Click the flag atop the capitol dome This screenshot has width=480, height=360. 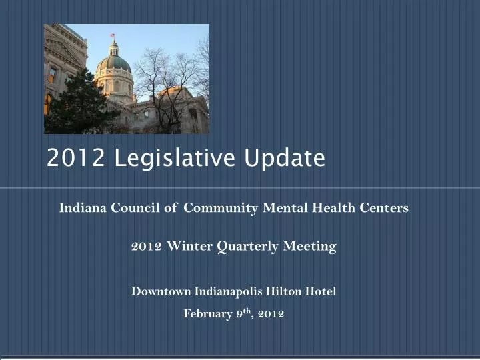[112, 35]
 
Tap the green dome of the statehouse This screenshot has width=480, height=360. [113, 64]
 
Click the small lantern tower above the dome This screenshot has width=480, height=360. [113, 48]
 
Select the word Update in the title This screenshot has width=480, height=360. [285, 159]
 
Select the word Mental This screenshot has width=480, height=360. [284, 207]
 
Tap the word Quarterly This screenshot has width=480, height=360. [249, 247]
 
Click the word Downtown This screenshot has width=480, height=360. [161, 291]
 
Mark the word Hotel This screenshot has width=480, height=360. [321, 291]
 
